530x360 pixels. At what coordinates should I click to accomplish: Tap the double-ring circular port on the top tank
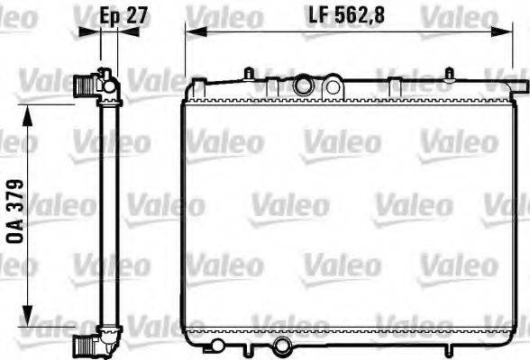[x=304, y=86]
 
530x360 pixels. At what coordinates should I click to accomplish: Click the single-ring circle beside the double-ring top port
[x=332, y=86]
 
